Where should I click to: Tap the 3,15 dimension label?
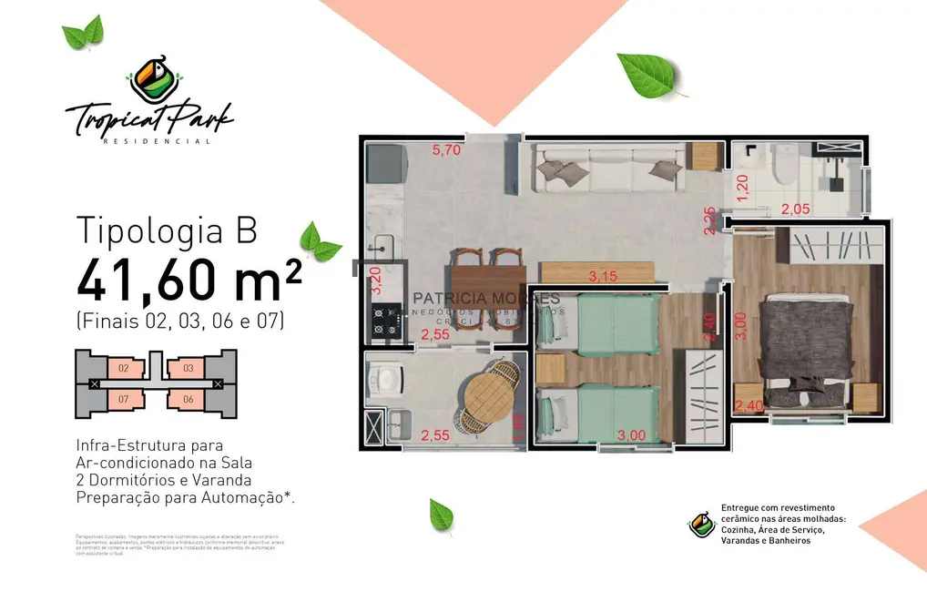pyautogui.click(x=598, y=276)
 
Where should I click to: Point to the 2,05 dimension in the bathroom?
pyautogui.click(x=795, y=209)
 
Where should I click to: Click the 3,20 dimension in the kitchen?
pyautogui.click(x=373, y=283)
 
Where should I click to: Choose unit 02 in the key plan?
pyautogui.click(x=124, y=369)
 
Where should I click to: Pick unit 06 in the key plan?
pyautogui.click(x=188, y=399)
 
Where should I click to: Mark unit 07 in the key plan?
pyautogui.click(x=124, y=399)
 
